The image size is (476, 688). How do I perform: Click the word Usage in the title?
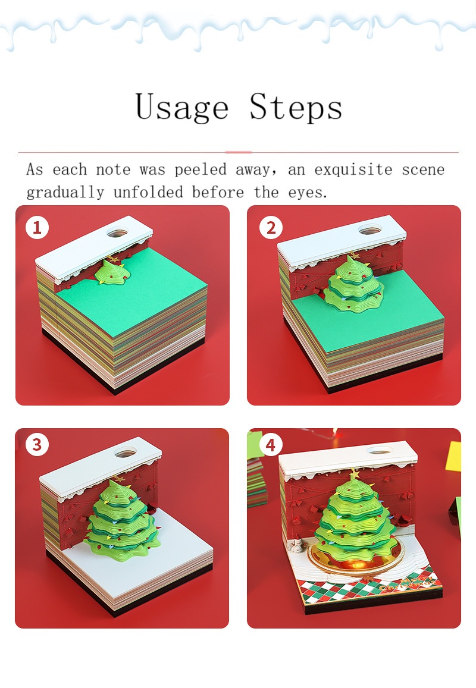tap(181, 108)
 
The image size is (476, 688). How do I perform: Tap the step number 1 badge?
tap(37, 228)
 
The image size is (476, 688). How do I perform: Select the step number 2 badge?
tap(271, 228)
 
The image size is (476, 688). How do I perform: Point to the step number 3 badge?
tap(37, 445)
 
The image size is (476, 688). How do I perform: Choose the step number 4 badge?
tap(271, 445)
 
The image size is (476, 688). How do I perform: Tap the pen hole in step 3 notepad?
tap(124, 454)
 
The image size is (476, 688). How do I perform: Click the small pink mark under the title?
tap(238, 152)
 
